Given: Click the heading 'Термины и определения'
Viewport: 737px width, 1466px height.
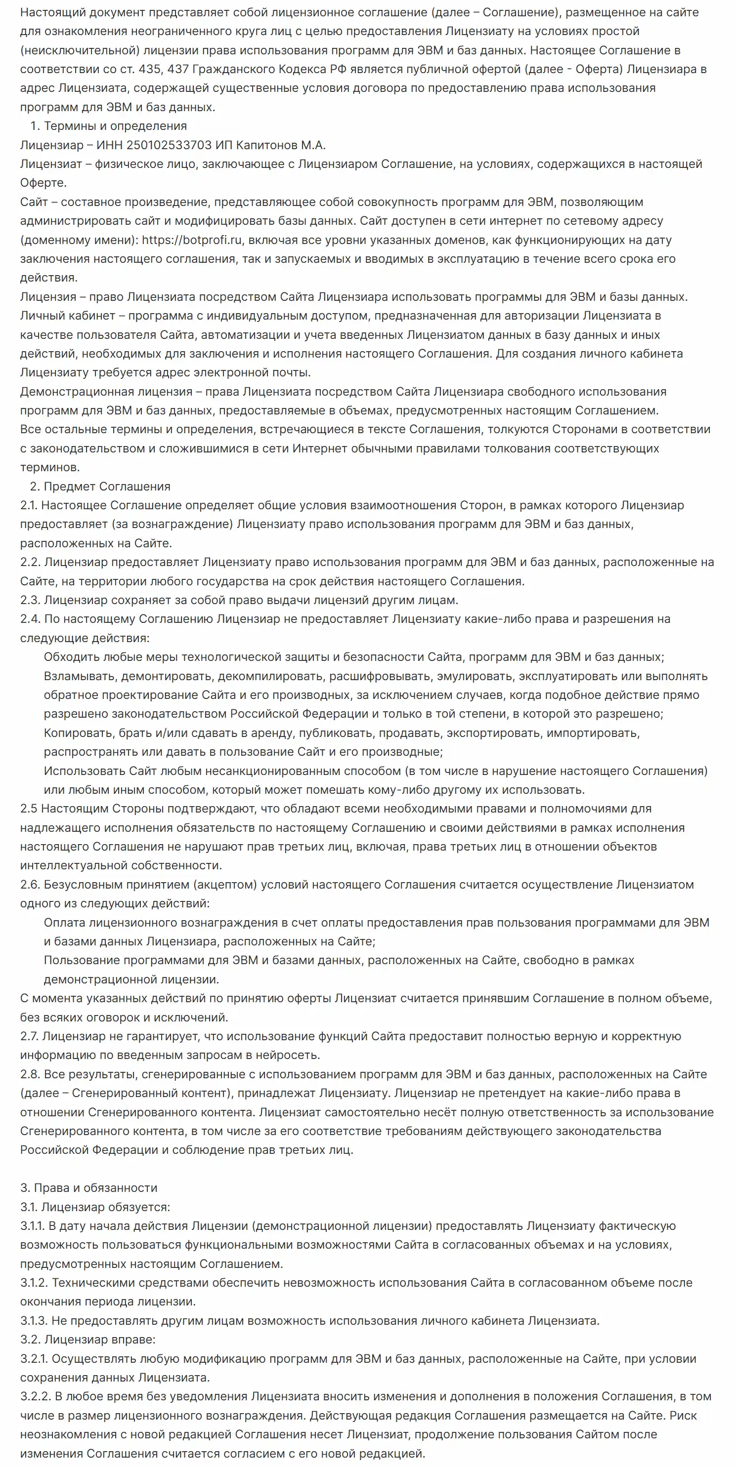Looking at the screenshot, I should click(x=115, y=126).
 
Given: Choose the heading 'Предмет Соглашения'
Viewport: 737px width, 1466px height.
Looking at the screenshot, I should click(x=107, y=486).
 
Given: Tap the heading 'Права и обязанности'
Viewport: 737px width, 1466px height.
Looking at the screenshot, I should click(x=96, y=1188).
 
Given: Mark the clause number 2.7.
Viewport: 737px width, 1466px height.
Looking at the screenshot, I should click(x=29, y=1036).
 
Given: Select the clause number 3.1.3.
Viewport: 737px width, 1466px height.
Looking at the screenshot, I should click(x=34, y=1320).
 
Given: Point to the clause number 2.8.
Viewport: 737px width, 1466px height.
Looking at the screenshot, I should click(x=30, y=1074).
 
